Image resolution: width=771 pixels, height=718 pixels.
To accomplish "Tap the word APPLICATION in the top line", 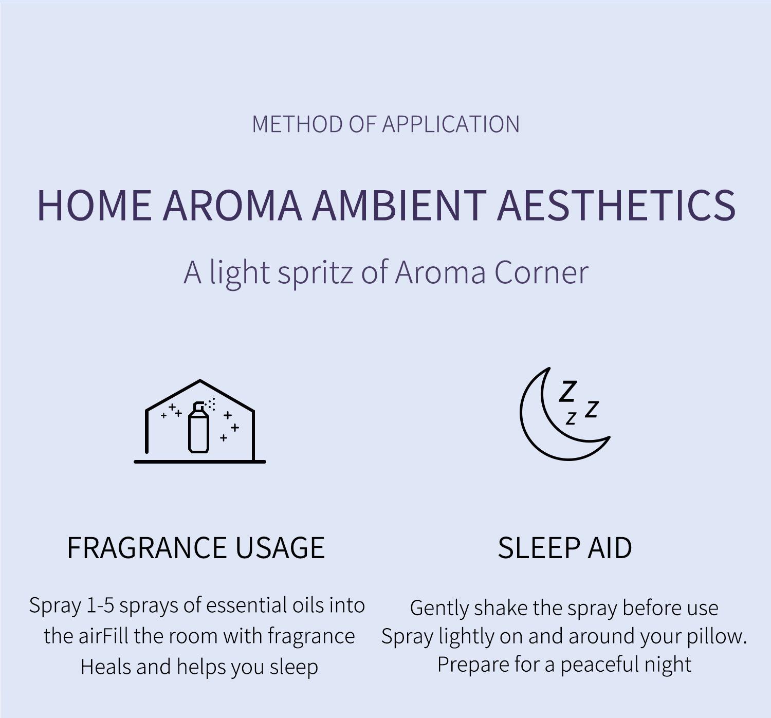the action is (451, 124).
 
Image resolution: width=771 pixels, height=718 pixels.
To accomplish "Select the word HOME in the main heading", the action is (95, 206).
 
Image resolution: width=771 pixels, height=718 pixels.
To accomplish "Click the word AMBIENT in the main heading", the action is (399, 206).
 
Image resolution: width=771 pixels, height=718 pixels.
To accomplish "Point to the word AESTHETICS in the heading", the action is (616, 206).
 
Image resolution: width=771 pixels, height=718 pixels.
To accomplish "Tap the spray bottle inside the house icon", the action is (199, 427).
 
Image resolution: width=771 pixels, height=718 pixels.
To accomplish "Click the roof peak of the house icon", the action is (200, 380).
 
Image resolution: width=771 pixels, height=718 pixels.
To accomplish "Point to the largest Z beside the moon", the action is (567, 391).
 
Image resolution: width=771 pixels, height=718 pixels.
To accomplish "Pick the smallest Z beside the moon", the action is (571, 418).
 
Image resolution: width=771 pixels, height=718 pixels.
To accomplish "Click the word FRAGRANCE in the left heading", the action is (146, 548).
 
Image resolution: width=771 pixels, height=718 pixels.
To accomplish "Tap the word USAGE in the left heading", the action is (280, 548).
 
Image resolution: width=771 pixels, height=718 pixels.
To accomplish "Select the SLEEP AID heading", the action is (565, 548).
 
